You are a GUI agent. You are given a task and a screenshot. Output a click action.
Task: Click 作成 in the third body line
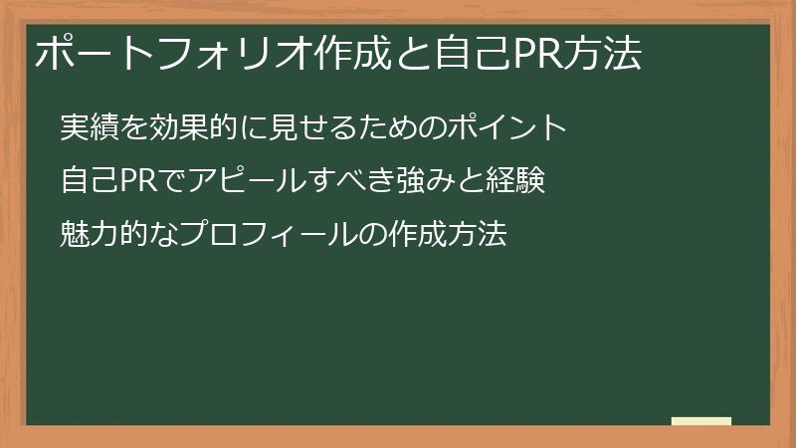[x=406, y=236]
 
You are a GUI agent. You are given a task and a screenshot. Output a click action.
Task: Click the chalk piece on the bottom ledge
[x=700, y=421]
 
